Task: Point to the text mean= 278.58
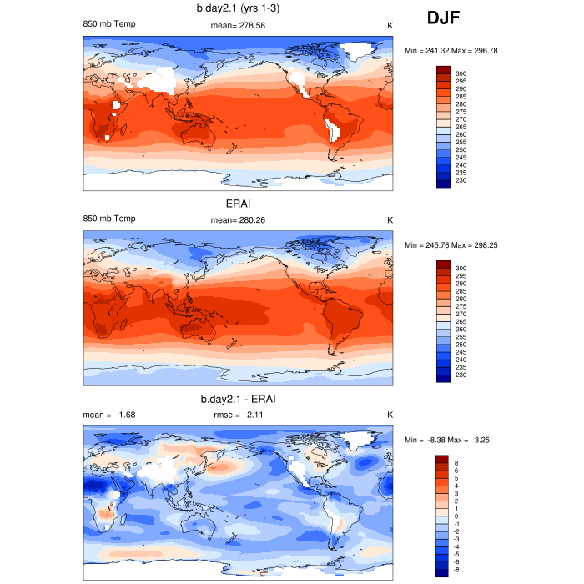click(239, 25)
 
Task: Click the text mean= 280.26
click(239, 219)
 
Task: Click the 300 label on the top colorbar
click(461, 74)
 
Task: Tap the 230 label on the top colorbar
click(461, 180)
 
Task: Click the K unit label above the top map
click(390, 25)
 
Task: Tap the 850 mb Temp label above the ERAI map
click(109, 219)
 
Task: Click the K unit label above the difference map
click(390, 414)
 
